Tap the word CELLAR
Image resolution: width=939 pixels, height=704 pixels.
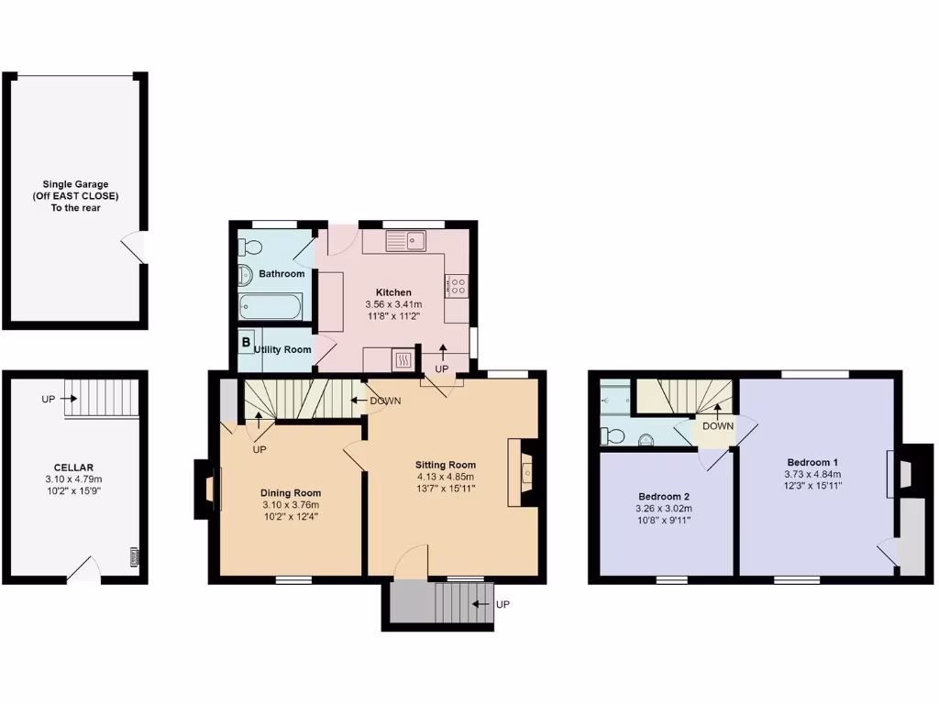click(73, 467)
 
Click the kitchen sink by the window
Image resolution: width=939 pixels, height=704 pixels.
click(404, 242)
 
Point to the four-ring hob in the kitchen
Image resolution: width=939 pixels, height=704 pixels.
click(457, 285)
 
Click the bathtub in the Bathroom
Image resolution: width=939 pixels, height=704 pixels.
click(270, 307)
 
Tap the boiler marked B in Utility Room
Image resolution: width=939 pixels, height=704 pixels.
click(246, 343)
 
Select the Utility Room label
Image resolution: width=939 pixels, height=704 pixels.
click(282, 349)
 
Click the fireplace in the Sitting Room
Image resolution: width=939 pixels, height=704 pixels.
click(525, 472)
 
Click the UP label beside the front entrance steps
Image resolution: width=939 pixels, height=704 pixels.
click(503, 605)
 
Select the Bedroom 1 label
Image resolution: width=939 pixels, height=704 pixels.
click(812, 462)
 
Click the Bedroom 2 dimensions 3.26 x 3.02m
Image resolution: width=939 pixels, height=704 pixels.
click(663, 509)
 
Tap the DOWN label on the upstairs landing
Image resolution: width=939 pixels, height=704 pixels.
click(717, 426)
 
